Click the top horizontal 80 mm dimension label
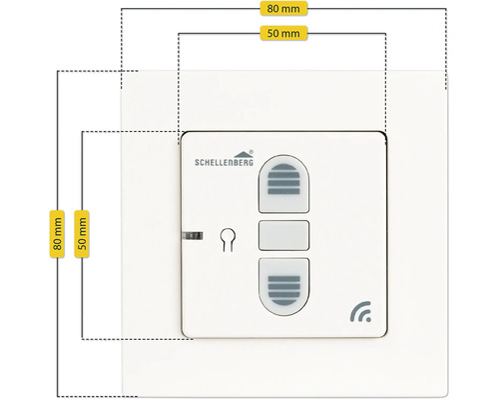(x=283, y=9)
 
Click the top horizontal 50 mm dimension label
(x=283, y=33)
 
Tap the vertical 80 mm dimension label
(x=57, y=234)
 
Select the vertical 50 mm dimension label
(x=82, y=234)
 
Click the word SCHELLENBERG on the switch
(x=224, y=162)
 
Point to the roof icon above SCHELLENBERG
(x=242, y=154)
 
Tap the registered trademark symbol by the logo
(x=251, y=152)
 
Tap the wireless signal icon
(x=360, y=312)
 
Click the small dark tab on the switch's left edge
(x=193, y=236)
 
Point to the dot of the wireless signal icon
(x=368, y=319)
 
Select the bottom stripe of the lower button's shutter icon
(x=283, y=302)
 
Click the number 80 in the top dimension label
(x=272, y=9)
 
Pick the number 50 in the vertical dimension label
(x=82, y=243)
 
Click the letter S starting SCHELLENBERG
(x=197, y=163)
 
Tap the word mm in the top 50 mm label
(x=290, y=34)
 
